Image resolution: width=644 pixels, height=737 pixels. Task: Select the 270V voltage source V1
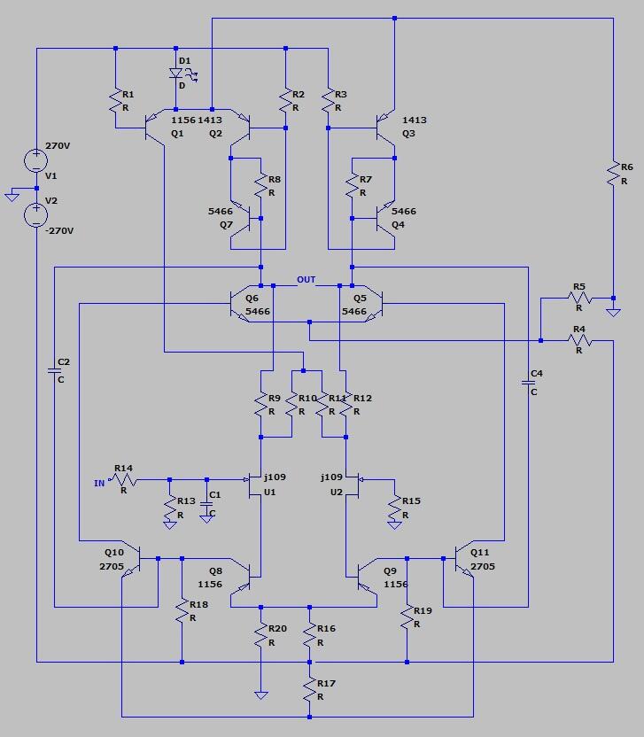(36, 160)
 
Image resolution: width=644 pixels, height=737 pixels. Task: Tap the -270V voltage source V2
(36, 215)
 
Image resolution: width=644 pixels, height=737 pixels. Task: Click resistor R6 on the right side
(613, 174)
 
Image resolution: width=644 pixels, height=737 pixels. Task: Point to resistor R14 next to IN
(124, 479)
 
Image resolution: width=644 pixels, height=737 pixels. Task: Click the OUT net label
(306, 280)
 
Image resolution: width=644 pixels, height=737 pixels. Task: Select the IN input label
(99, 483)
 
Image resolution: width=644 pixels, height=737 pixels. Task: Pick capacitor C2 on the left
(55, 371)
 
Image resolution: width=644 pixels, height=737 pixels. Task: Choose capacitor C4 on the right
(528, 383)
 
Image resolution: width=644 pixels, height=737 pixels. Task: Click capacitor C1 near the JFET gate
(206, 504)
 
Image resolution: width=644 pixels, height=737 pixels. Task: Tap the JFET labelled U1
(255, 486)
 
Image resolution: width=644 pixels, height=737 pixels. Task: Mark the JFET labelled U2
(353, 486)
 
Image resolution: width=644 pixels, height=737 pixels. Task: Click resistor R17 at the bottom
(309, 689)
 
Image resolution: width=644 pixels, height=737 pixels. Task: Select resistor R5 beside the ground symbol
(579, 298)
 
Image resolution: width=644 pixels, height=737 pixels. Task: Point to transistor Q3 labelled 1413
(386, 128)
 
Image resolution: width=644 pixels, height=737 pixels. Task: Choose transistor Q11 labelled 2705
(464, 559)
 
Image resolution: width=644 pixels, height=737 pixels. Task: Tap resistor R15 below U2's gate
(394, 508)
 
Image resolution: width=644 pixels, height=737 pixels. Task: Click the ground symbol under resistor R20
(261, 695)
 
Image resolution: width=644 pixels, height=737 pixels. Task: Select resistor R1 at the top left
(116, 102)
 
